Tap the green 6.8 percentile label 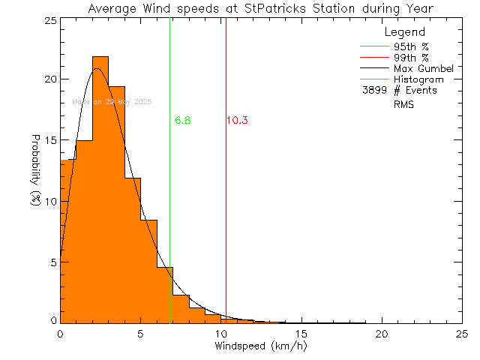[182, 120]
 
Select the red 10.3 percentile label [237, 120]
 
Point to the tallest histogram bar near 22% [100, 187]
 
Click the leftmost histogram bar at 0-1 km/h [67, 240]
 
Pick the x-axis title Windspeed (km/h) [261, 346]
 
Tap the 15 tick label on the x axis [301, 334]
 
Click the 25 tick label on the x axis [462, 334]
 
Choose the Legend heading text [404, 32]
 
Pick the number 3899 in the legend [374, 90]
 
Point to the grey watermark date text [112, 102]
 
